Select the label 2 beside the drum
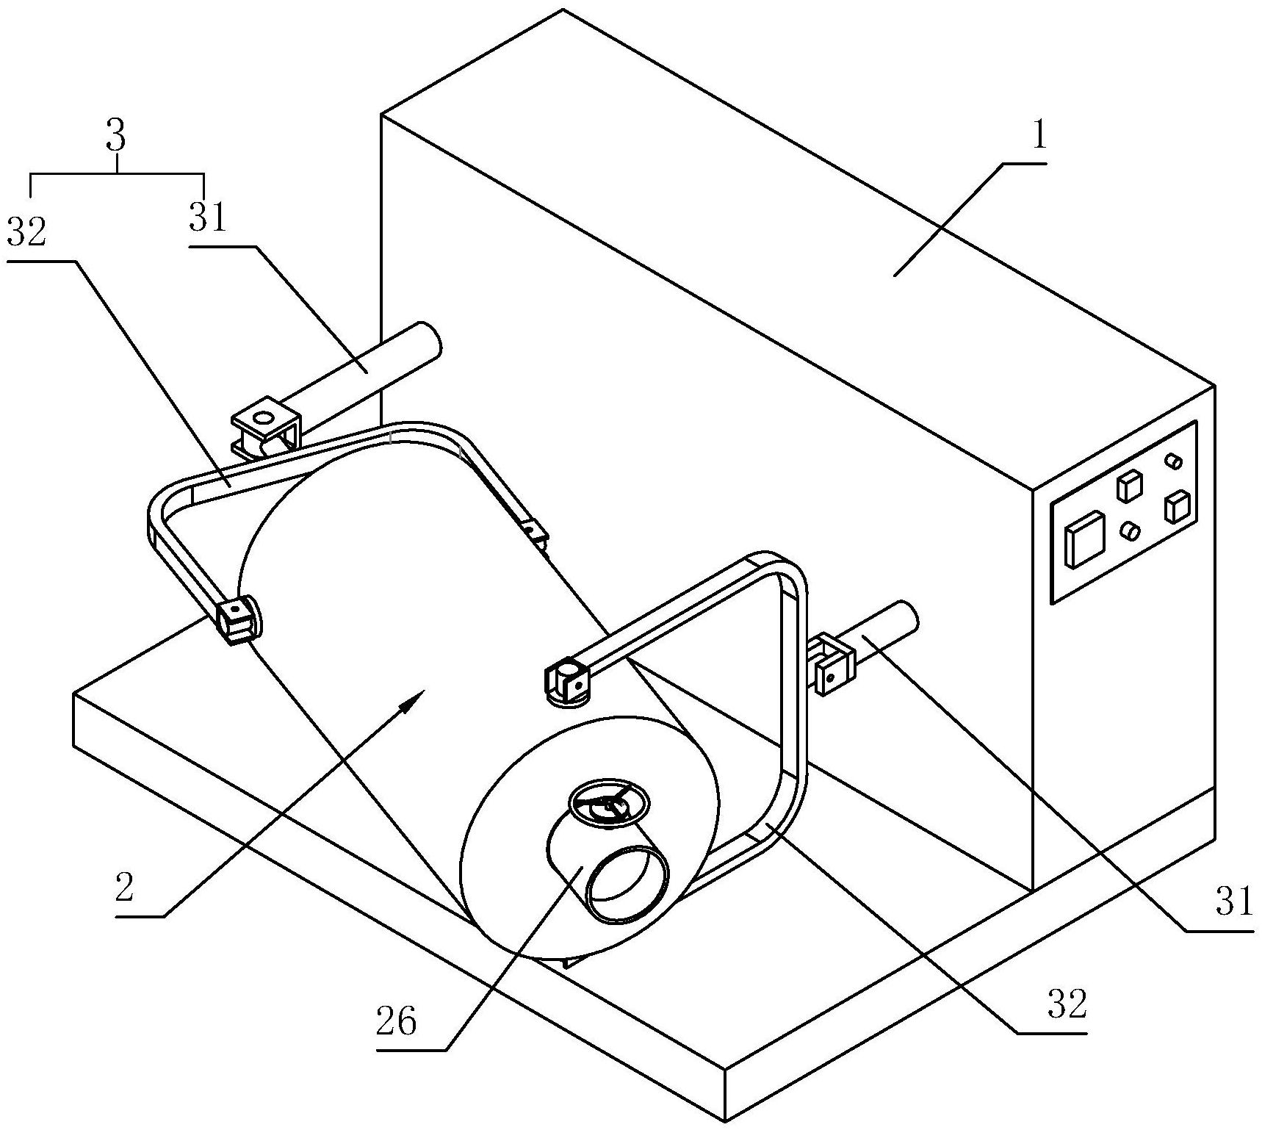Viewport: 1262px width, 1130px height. click(x=124, y=888)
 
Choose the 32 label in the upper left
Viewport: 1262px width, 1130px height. click(x=26, y=231)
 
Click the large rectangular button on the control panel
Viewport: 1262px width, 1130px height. click(x=1085, y=539)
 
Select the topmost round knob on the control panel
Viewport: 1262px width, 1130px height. click(x=1174, y=461)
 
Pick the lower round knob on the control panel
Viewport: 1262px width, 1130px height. click(x=1131, y=530)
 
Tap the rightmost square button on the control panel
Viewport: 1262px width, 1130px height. click(x=1177, y=506)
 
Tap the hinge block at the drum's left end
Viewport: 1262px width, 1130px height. click(x=238, y=619)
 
